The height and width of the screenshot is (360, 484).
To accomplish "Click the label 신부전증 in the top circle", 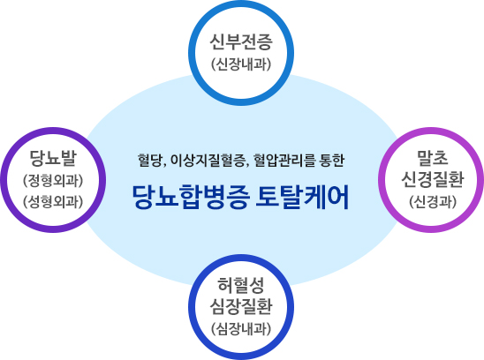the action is coord(241,42).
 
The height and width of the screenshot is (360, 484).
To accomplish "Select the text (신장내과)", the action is coord(241,64).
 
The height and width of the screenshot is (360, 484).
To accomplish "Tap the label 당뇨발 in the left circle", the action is coord(53,158).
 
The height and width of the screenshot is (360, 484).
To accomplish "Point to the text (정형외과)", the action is coord(53,181).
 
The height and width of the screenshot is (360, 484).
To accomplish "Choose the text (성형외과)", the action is coord(53,201).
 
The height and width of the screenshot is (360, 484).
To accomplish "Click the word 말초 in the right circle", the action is coord(432,158).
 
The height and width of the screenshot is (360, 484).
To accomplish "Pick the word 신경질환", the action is coord(432,179).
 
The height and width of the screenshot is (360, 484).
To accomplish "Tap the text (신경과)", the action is coord(432,201).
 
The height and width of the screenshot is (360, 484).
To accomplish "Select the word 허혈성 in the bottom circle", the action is coord(241,285).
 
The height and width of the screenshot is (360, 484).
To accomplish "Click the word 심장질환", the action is coord(241,307).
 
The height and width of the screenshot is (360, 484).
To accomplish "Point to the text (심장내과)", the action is coord(241,329).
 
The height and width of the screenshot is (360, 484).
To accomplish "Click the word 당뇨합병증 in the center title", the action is coord(191,197).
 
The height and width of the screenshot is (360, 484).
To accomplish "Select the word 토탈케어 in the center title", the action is coord(302,197).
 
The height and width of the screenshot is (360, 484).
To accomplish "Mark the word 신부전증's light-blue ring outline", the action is coord(241,5).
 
